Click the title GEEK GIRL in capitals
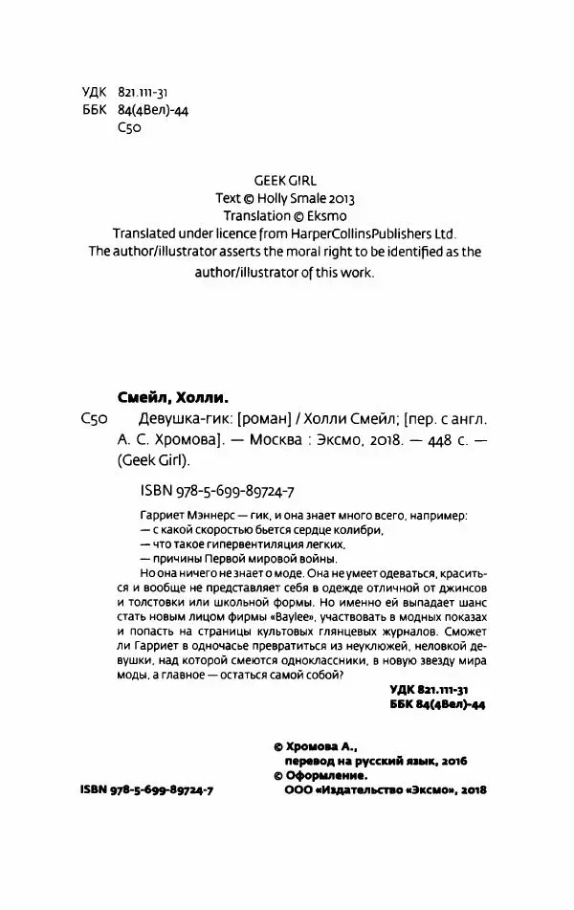(x=287, y=178)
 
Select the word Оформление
(x=335, y=775)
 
